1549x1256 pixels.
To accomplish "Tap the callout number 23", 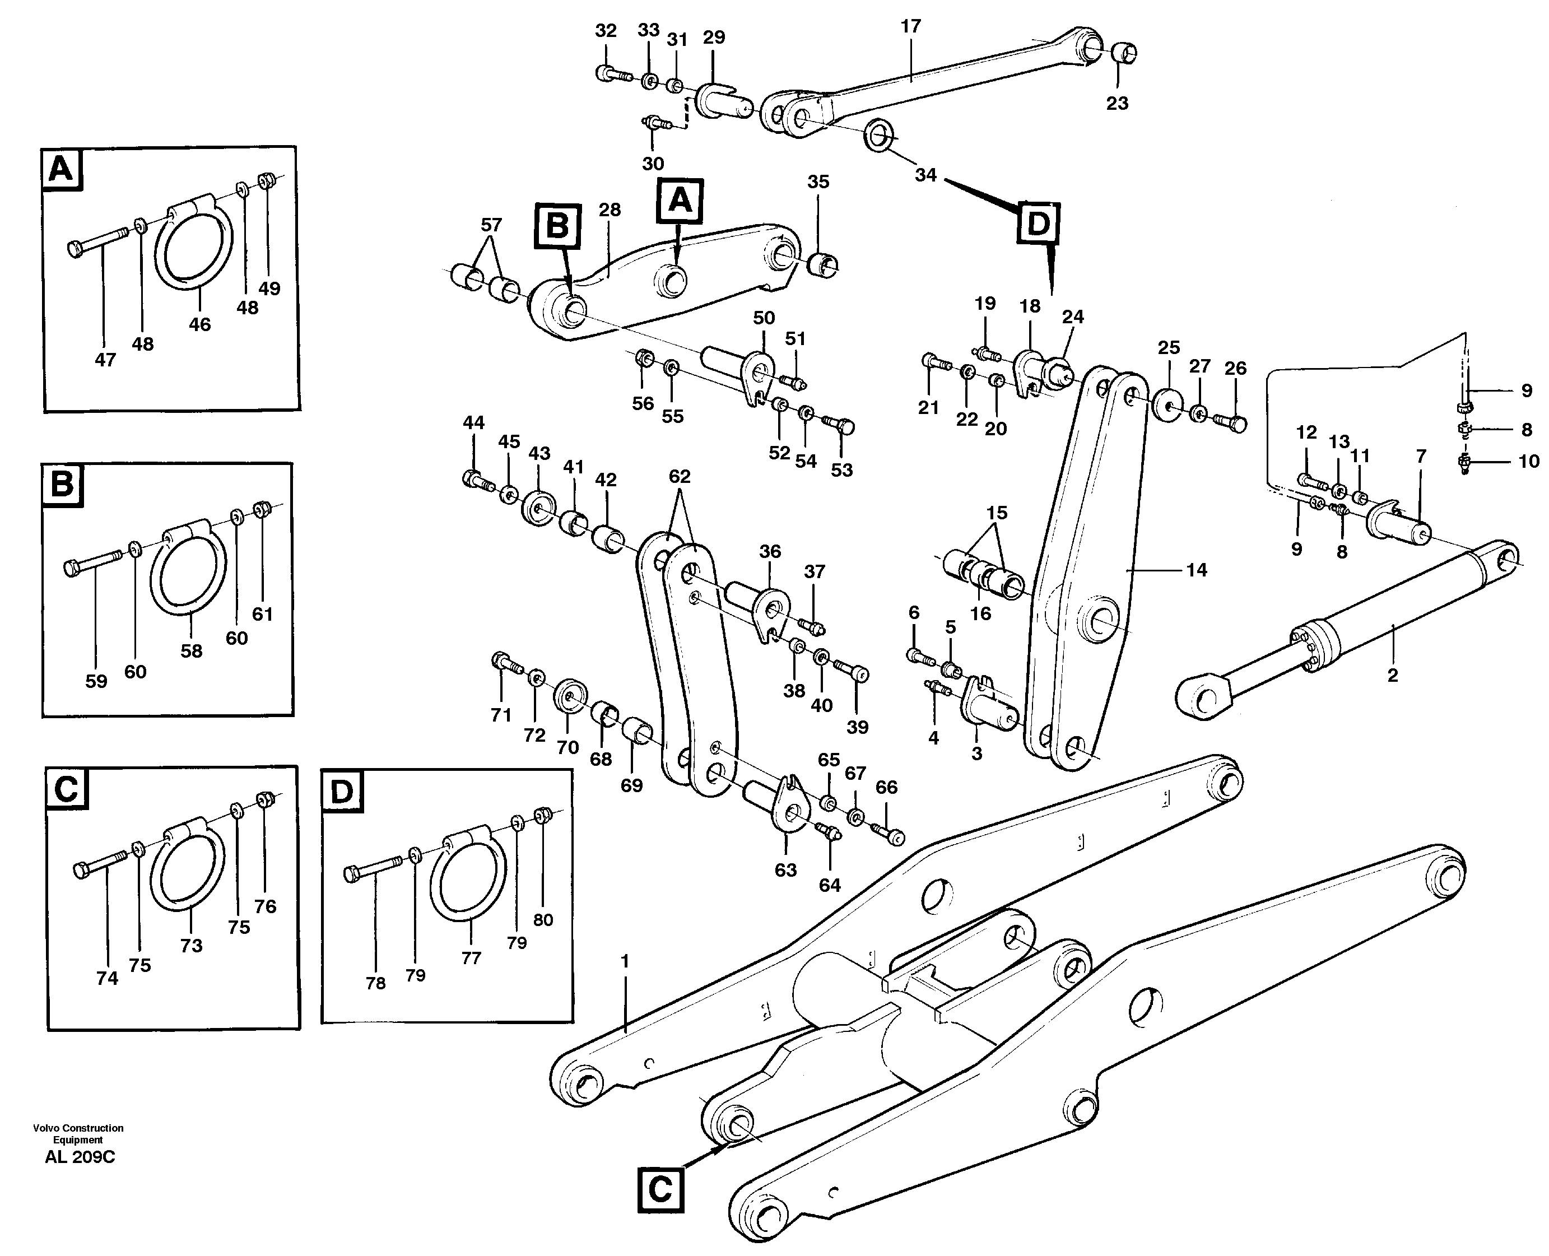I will pos(1117,104).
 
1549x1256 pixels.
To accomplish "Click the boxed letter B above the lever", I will pos(557,226).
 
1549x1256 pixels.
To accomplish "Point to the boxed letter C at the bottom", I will pos(660,1189).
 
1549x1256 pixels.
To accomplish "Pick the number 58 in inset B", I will pos(191,650).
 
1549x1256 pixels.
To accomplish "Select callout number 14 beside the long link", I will pos(1197,570).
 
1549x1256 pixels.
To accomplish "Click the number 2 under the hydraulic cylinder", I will pos(1393,675).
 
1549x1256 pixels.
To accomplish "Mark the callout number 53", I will pos(841,470).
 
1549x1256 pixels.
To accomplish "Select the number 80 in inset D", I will pos(543,919).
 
